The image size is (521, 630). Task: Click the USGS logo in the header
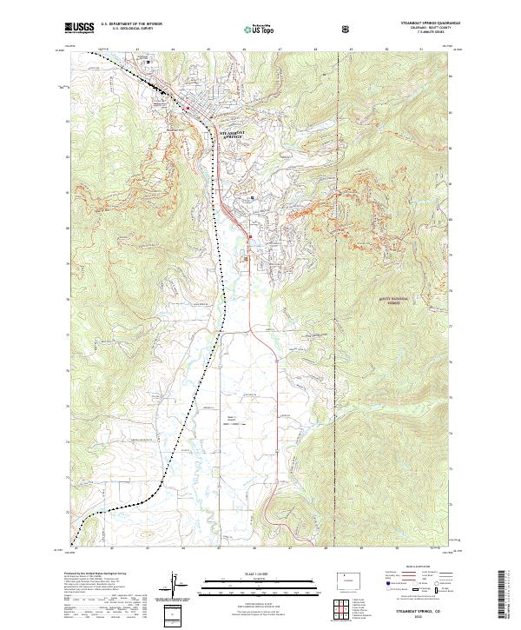(x=79, y=29)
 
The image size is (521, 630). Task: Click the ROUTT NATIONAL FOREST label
(x=393, y=298)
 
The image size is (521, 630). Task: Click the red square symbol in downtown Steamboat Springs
(x=188, y=107)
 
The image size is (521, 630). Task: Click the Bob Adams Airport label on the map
(x=233, y=419)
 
